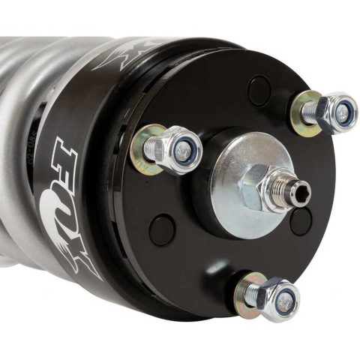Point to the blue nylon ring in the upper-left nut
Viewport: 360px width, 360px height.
pyautogui.click(x=182, y=151)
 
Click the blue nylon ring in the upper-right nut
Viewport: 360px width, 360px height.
pyautogui.click(x=341, y=113)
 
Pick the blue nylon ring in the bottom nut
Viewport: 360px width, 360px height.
pyautogui.click(x=285, y=301)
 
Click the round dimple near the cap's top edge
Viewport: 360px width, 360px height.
pyautogui.click(x=259, y=90)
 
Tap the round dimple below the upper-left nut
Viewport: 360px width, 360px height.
pyautogui.click(x=160, y=229)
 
